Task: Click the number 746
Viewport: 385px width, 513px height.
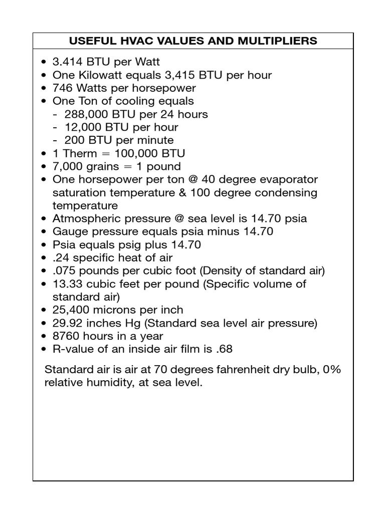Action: [62, 88]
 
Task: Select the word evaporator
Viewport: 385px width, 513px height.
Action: [289, 179]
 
